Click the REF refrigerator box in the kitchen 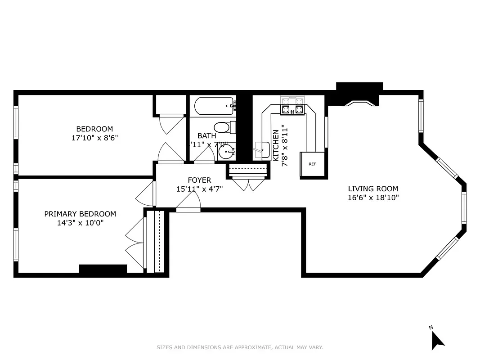(312, 164)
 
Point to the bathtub (214, 107)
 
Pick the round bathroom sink (226, 152)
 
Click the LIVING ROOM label (373, 189)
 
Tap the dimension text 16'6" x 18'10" (373, 198)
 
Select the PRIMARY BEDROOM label (80, 214)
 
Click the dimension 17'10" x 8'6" (94, 138)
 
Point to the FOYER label (199, 180)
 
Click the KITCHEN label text (276, 145)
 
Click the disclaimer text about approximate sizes (240, 347)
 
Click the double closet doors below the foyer (248, 184)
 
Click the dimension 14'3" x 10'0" (80, 223)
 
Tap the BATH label (207, 135)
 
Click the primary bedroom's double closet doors (134, 245)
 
